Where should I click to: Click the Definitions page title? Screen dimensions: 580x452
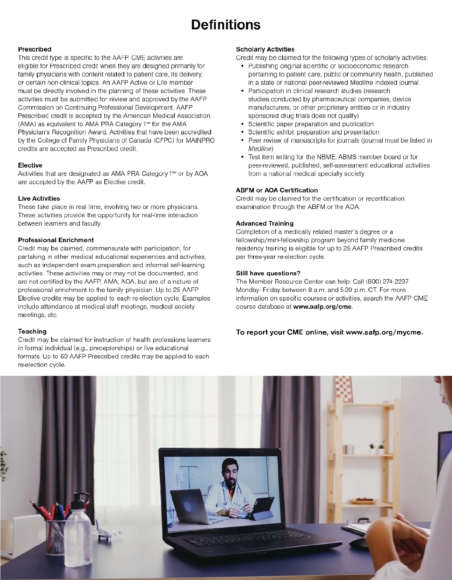[x=226, y=25]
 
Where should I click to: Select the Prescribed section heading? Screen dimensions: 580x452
[x=35, y=49]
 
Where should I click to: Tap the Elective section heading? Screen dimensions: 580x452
[x=30, y=165]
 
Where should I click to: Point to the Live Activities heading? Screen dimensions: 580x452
[x=39, y=198]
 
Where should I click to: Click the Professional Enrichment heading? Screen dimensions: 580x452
[x=56, y=240]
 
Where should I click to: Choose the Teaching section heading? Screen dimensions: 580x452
[x=32, y=331]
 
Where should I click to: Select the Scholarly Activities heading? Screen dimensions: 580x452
[x=265, y=49]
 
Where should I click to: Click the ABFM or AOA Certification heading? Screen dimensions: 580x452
[x=277, y=190]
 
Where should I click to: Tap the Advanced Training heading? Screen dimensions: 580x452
[x=265, y=223]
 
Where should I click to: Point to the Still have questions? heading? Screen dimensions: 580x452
[x=268, y=273]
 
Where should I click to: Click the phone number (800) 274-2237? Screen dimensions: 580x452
[x=387, y=282]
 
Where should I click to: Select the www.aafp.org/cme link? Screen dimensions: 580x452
[x=322, y=307]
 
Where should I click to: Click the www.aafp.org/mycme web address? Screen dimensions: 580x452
[x=384, y=332]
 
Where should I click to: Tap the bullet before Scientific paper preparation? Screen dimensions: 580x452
[x=243, y=124]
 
